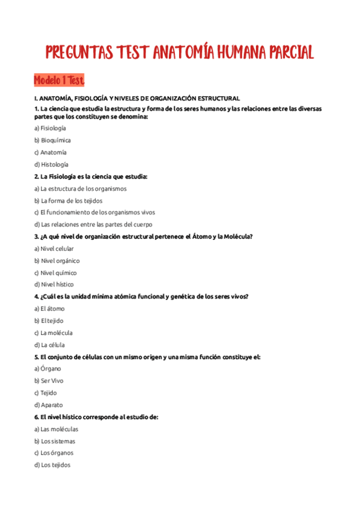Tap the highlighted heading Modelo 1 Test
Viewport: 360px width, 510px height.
coord(59,80)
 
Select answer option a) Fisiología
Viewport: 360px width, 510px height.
coord(50,128)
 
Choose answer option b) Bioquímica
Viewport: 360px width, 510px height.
coord(52,140)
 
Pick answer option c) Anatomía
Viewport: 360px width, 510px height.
coord(50,152)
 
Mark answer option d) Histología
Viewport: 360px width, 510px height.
coord(51,164)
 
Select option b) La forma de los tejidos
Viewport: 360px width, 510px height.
coord(68,200)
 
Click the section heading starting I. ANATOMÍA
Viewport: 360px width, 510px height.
coord(137,98)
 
